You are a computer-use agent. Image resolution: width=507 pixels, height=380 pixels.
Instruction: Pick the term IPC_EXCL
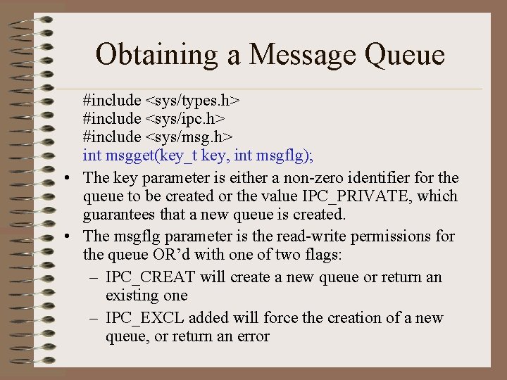[x=146, y=318]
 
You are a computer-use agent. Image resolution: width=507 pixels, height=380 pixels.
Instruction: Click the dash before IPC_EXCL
[x=94, y=318]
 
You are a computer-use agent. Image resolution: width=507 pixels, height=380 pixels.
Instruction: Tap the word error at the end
[x=251, y=336]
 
